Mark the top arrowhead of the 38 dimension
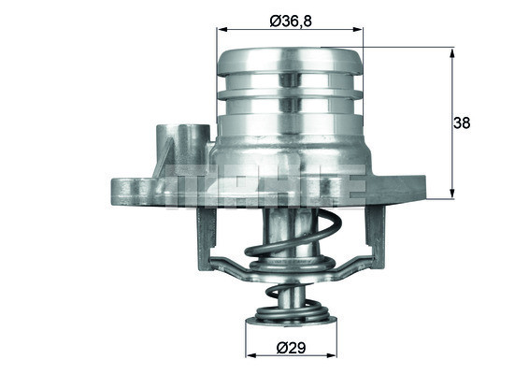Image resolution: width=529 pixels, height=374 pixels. pyautogui.click(x=453, y=52)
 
